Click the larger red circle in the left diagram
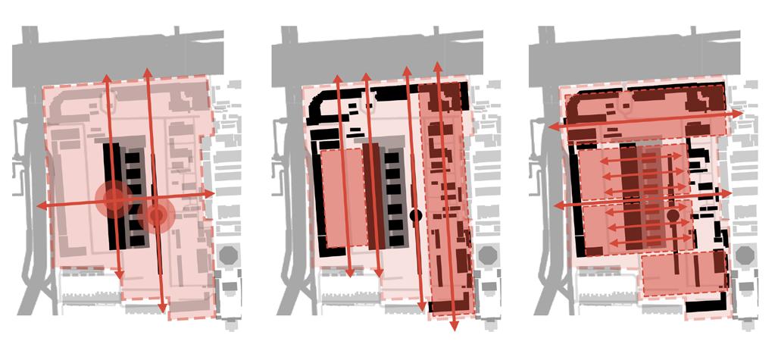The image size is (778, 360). (114, 199)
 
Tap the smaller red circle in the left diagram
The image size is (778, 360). (157, 216)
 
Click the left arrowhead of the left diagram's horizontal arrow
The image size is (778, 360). (38, 206)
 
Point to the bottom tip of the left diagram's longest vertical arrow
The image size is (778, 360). (162, 311)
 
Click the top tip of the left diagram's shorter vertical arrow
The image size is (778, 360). (106, 77)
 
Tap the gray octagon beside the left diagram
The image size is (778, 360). (228, 255)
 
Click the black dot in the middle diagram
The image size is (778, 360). (415, 215)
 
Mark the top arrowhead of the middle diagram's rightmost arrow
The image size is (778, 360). (437, 65)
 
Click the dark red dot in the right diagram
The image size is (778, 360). (673, 216)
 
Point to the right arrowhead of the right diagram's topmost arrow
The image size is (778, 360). (742, 112)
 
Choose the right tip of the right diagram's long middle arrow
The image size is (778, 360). (731, 193)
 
